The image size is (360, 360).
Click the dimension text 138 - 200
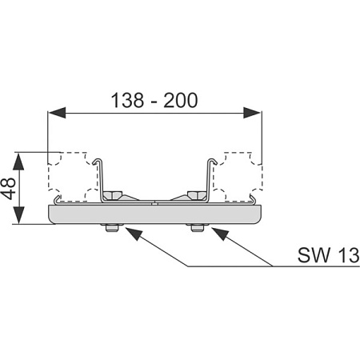point(154,100)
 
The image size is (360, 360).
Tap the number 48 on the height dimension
point(8,189)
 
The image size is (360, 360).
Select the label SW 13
point(329,255)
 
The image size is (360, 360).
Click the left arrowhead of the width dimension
point(57,113)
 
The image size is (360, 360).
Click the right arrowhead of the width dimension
point(252,113)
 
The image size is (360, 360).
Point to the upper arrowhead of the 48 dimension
point(18,162)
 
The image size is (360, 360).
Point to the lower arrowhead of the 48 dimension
point(18,215)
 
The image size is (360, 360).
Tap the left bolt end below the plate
point(112,228)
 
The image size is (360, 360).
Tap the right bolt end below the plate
point(198,228)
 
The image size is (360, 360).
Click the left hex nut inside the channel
point(113,195)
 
